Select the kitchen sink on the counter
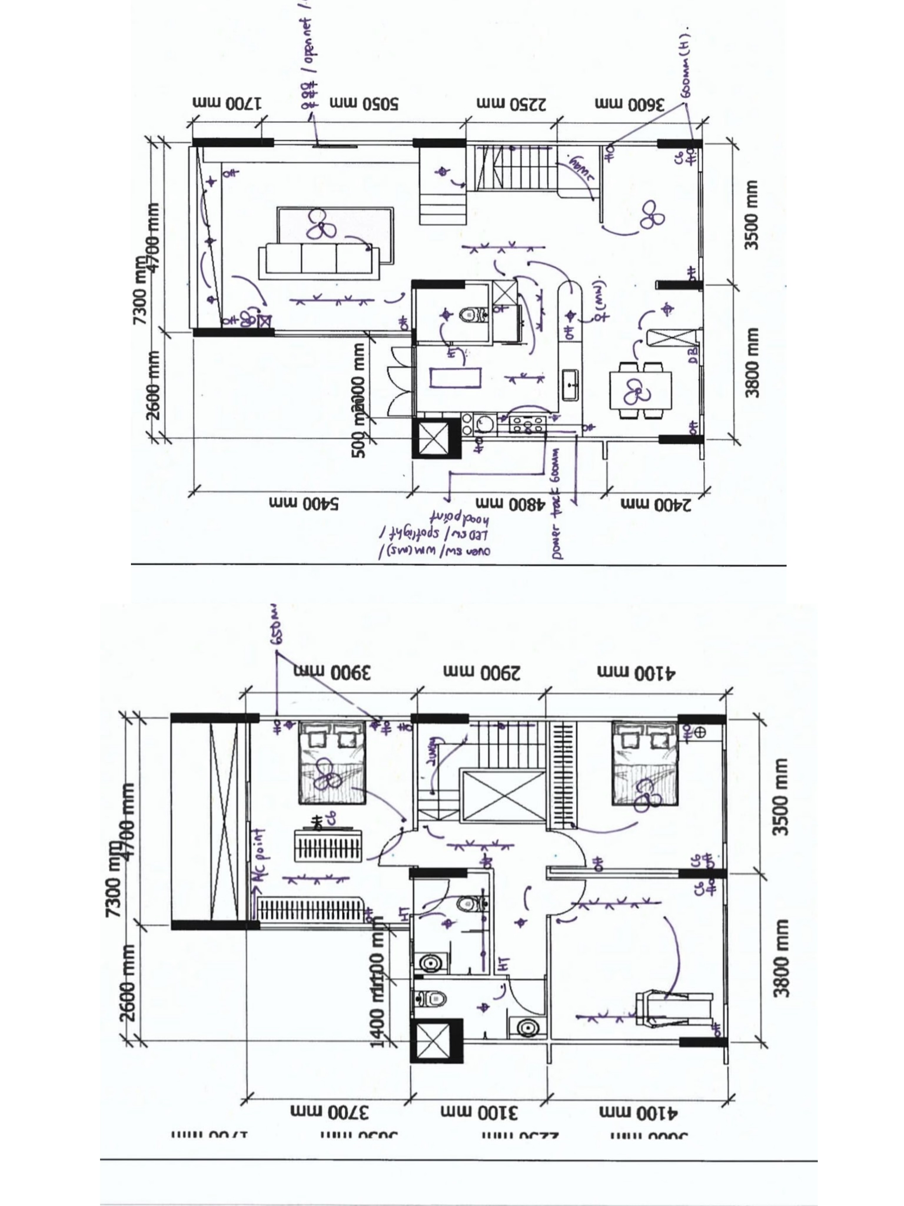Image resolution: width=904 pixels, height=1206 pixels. (571, 384)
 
